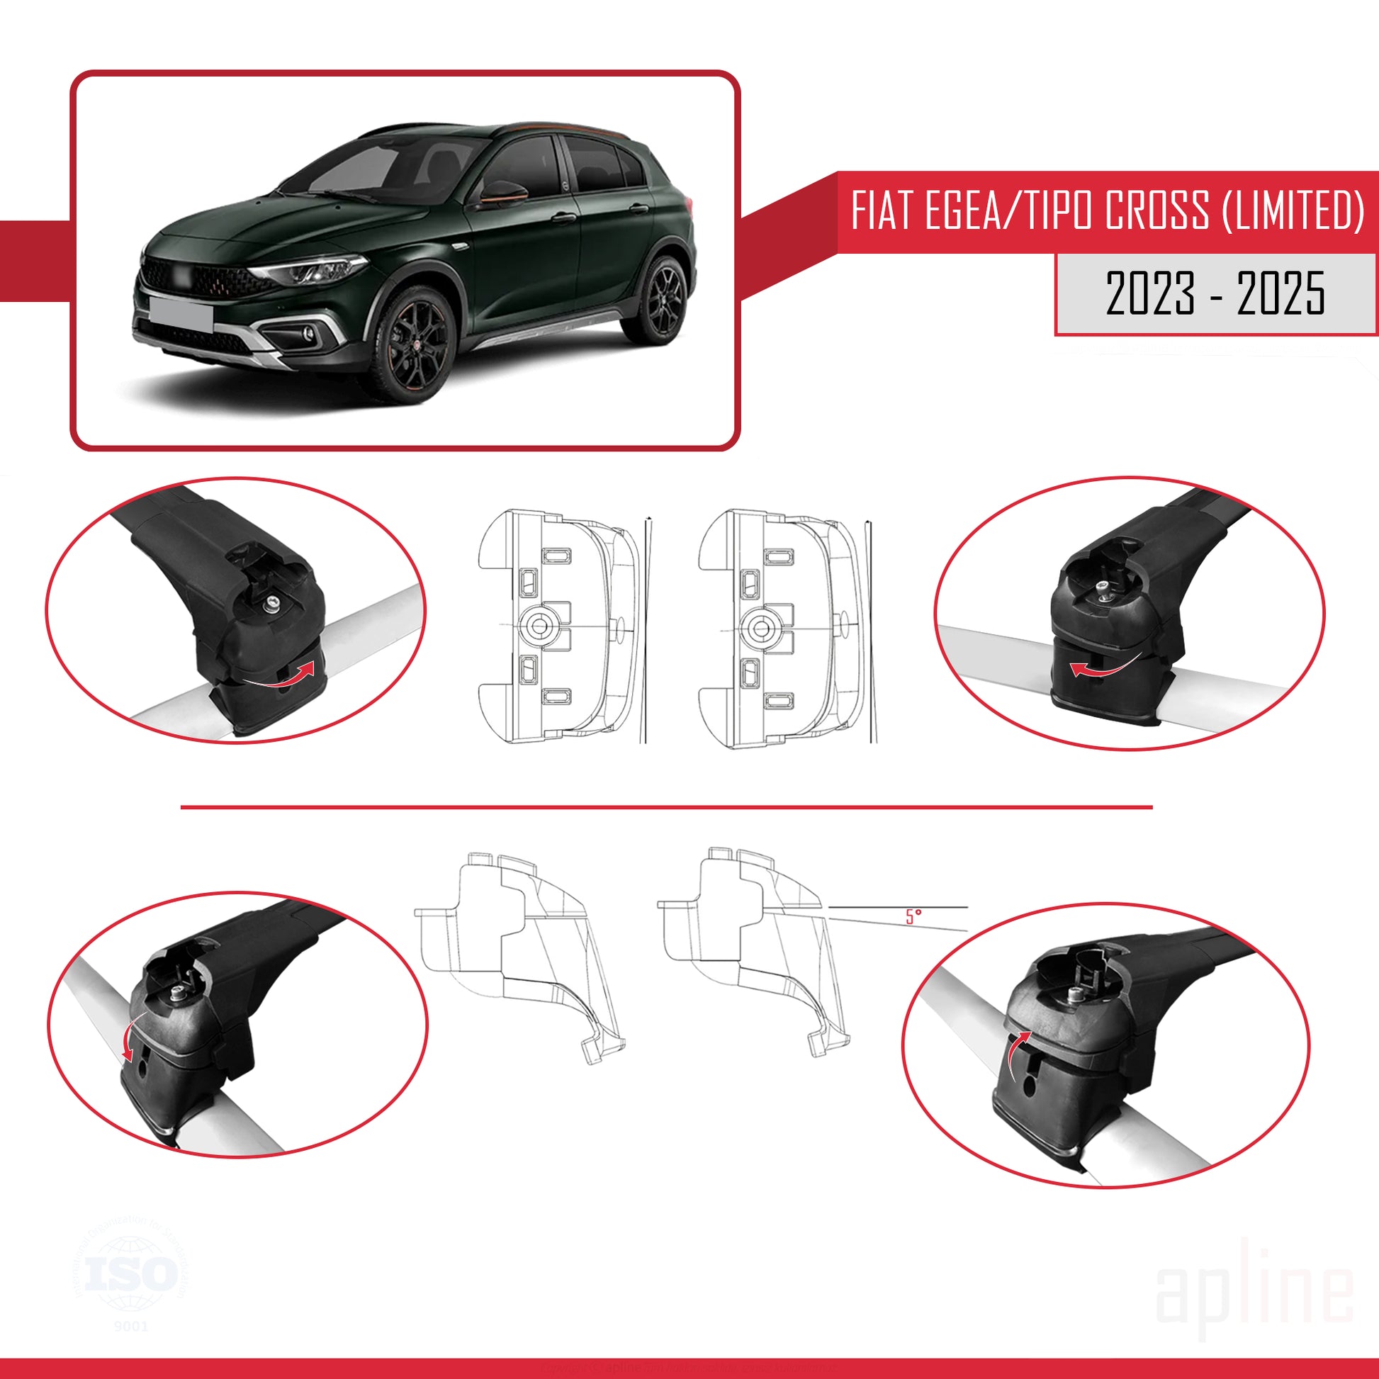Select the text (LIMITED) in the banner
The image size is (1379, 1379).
(1292, 211)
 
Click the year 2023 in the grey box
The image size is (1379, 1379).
(1150, 293)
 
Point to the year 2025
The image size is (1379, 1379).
(1281, 293)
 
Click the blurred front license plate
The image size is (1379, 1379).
(181, 313)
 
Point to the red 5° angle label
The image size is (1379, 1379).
(913, 916)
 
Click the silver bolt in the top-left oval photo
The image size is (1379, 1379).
(273, 606)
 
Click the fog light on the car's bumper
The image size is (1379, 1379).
(308, 332)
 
